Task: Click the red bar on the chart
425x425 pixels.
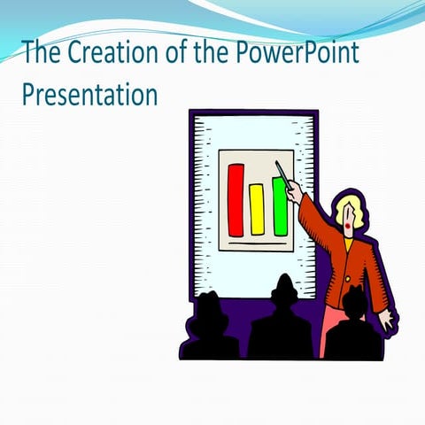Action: click(236, 200)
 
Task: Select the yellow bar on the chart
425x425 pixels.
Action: click(257, 209)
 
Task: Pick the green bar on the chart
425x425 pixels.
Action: click(280, 206)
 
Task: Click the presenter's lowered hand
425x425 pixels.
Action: click(387, 321)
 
